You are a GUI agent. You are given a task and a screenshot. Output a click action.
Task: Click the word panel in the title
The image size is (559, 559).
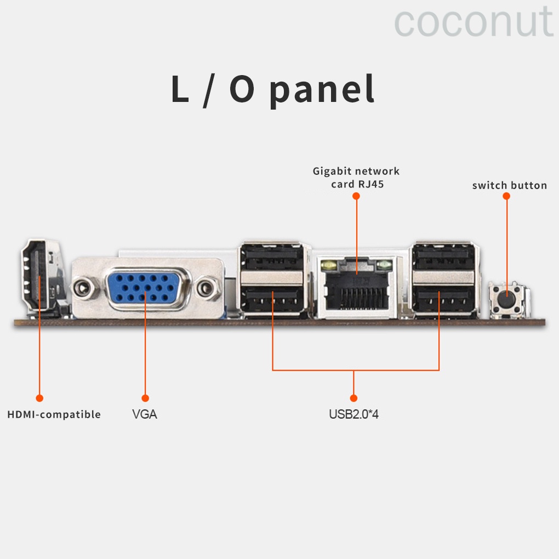pos(322,90)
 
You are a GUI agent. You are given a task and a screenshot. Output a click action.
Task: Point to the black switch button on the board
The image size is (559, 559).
pos(507,299)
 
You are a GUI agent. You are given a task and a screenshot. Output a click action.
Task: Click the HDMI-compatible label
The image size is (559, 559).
pos(54,414)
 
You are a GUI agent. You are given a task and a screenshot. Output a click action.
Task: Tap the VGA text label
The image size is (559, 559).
pos(145,414)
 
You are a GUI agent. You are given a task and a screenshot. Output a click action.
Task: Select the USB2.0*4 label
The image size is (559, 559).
pos(353,414)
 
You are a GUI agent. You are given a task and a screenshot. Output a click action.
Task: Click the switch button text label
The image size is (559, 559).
pos(509,185)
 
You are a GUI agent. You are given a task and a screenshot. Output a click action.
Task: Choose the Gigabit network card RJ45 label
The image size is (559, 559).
pos(356,178)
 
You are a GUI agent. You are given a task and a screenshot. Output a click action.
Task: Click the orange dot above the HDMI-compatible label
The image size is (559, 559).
pos(39,398)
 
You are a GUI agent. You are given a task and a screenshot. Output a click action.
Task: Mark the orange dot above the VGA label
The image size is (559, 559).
pos(145,398)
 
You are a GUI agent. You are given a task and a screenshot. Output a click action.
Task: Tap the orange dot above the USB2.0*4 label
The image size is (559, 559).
pos(353,398)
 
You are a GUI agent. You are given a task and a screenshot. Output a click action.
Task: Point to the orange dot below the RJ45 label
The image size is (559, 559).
pos(356,195)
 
